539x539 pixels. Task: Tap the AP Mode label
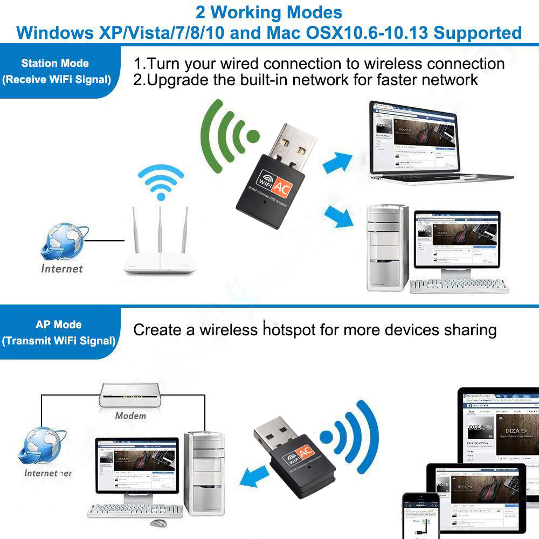59,324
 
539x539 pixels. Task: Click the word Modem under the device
130,416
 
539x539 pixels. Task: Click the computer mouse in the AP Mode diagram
158,523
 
